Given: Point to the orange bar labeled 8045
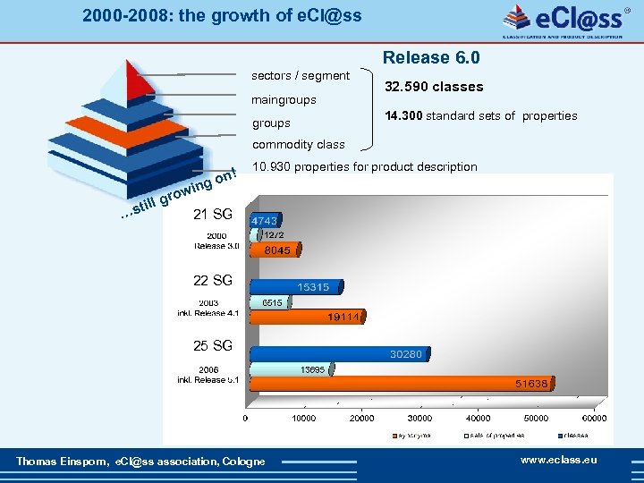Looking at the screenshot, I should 274,250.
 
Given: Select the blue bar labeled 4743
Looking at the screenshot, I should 265,220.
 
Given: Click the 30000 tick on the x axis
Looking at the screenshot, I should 419,418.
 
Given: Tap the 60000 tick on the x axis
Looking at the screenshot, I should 594,418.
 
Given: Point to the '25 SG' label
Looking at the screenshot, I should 213,345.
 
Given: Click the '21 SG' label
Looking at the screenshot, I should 213,214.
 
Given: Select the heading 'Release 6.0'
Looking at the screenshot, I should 431,58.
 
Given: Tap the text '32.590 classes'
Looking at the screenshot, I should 434,87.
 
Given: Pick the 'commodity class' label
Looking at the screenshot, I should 298,144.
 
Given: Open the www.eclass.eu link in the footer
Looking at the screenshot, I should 558,460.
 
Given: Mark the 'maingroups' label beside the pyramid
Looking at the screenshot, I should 284,99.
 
